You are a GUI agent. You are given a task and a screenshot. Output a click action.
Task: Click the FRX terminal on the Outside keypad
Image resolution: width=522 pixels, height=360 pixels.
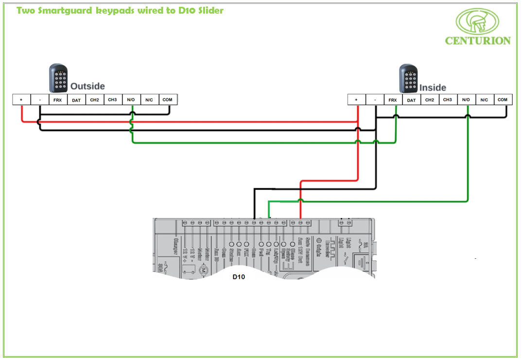point(58,100)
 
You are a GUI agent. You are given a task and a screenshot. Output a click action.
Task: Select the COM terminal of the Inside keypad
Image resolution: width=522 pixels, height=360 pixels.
point(503,100)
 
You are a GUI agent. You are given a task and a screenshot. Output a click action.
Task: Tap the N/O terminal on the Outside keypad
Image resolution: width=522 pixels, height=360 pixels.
point(131,100)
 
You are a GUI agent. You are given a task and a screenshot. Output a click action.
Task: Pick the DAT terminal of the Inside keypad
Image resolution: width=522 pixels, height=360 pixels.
point(411,100)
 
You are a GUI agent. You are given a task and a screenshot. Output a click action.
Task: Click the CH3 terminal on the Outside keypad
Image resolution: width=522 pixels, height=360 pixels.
point(112,100)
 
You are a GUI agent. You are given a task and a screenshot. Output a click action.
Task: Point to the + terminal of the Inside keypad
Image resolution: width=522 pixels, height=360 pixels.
point(356,100)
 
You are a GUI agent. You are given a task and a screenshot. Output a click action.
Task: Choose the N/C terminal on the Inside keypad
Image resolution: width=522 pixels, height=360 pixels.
point(484,100)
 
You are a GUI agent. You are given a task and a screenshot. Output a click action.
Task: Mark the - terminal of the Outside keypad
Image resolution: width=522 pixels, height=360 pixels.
point(39,100)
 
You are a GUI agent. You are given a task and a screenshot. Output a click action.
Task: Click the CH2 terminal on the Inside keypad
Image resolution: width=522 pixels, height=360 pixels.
point(430,100)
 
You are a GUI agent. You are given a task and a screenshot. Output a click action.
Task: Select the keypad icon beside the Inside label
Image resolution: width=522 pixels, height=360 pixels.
point(409,79)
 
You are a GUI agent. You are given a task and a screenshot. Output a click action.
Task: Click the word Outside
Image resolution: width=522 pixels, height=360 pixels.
point(87,86)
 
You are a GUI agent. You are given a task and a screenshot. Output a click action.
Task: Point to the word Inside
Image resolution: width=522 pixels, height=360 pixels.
point(433,88)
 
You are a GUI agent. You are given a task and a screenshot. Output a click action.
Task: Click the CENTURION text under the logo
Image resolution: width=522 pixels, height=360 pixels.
point(478,41)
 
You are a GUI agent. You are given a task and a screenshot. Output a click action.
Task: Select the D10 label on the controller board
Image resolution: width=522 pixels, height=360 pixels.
point(239,277)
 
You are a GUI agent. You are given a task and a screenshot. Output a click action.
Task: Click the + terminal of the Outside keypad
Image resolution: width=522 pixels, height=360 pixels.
point(21,100)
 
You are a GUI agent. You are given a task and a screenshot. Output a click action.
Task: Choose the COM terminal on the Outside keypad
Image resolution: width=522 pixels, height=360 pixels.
point(168,100)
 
